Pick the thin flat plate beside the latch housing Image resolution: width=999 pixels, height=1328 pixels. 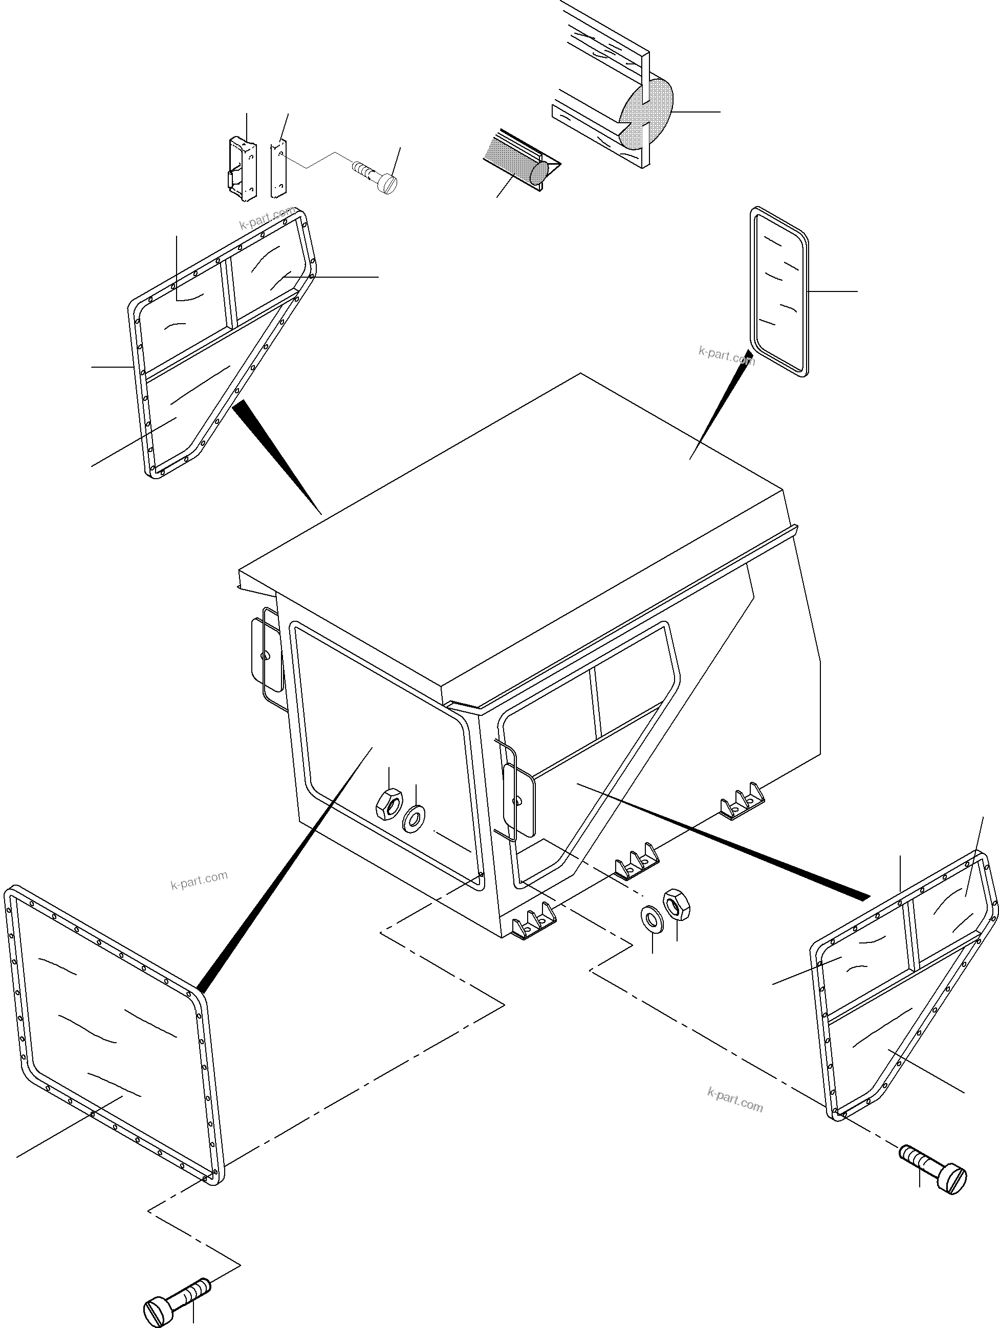click(x=279, y=168)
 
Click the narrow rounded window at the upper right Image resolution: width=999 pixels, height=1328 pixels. click(x=779, y=292)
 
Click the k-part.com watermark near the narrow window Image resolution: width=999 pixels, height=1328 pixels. click(x=726, y=355)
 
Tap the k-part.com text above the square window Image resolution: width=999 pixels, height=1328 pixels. click(x=199, y=880)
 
